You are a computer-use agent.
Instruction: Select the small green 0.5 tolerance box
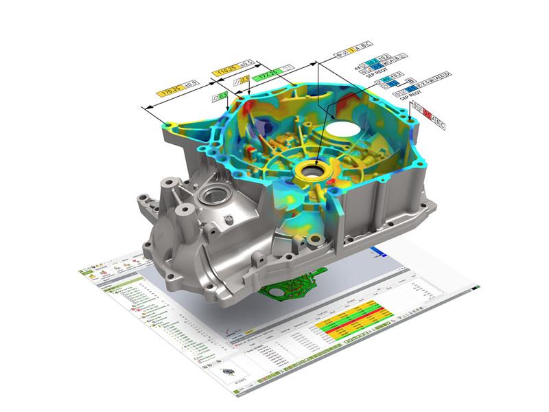tap(222, 96)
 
